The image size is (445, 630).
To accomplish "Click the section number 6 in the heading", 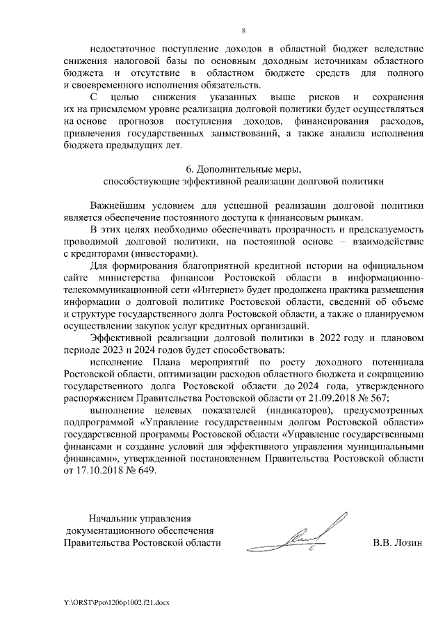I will (x=189, y=169).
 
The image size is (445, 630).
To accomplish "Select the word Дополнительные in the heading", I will (x=232, y=169).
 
